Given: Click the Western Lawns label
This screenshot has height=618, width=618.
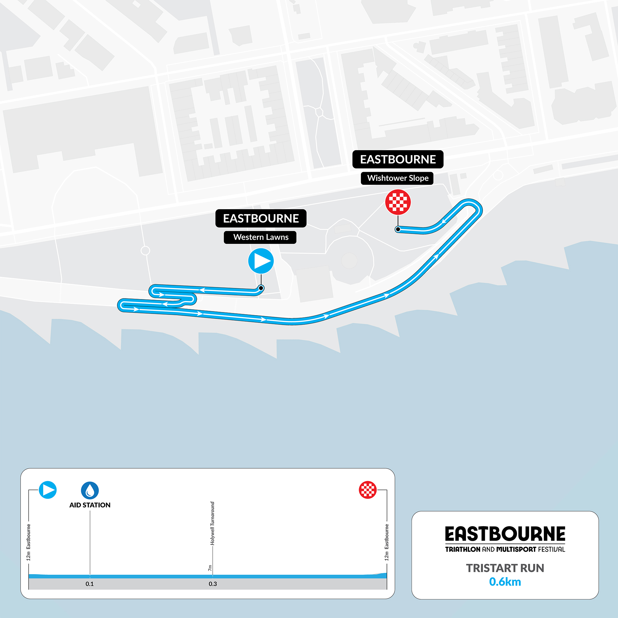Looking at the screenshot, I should click(x=261, y=237).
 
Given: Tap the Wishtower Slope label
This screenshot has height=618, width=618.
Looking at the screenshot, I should click(x=398, y=178).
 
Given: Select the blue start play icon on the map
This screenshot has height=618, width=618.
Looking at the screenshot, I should click(x=261, y=261).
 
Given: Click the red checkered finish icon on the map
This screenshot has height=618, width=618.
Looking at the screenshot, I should click(x=398, y=202).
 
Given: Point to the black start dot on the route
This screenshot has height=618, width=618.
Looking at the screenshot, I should click(x=261, y=288).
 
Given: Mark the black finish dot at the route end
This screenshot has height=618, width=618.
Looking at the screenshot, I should click(x=398, y=229).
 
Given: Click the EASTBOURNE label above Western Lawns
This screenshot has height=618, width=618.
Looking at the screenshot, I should click(x=261, y=218).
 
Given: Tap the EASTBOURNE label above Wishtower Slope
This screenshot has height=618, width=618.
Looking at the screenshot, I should click(x=398, y=159).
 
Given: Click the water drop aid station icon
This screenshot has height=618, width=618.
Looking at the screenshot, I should click(x=90, y=490).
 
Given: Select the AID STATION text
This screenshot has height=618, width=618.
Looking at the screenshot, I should click(x=90, y=505).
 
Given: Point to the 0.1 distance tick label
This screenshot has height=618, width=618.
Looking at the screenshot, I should click(x=90, y=584).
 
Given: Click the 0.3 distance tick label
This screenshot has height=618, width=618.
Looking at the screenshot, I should click(x=213, y=584).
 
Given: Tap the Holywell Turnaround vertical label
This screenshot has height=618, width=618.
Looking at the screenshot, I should click(x=212, y=523).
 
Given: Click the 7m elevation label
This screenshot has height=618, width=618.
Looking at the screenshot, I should click(x=210, y=568).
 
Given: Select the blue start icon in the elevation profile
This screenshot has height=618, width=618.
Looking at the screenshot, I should click(x=48, y=490).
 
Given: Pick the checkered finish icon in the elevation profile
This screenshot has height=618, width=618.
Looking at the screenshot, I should click(x=368, y=490).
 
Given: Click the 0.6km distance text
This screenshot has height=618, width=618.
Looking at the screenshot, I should click(x=505, y=582).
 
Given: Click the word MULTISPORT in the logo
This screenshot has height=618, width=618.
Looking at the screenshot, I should click(x=516, y=549).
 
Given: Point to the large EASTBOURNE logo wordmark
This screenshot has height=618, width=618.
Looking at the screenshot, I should click(x=505, y=534).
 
